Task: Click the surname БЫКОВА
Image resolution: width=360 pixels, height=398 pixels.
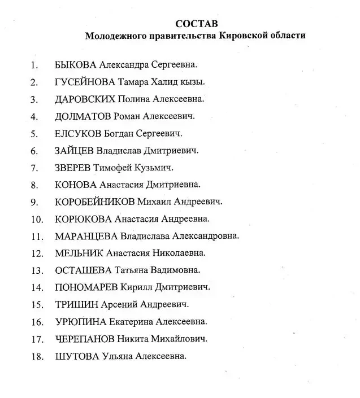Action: coord(79,64)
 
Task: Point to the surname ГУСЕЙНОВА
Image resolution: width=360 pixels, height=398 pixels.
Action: coord(85,82)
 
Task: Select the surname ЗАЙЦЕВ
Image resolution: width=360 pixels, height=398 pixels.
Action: coord(73,151)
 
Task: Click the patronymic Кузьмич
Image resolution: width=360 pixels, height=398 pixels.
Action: coord(153,168)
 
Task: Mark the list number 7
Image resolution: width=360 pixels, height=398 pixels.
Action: coord(34,168)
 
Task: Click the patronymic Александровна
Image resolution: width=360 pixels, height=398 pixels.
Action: coord(206,236)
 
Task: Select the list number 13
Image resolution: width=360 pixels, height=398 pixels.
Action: coord(37,271)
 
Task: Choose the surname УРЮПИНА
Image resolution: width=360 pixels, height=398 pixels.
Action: coord(79,322)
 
